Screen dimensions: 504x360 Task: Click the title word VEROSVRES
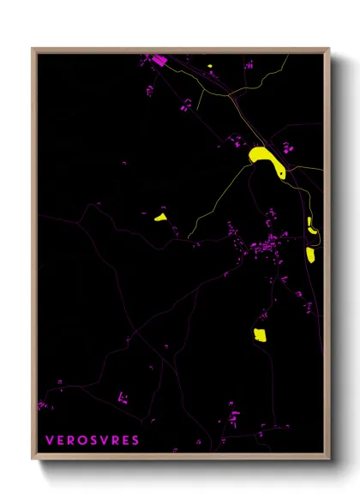click(x=92, y=441)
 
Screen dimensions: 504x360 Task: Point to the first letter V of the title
click(x=49, y=441)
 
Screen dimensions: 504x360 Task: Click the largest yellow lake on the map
click(x=266, y=159)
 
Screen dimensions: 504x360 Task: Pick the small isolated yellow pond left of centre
click(x=160, y=217)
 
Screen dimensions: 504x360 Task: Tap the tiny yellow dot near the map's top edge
click(x=209, y=66)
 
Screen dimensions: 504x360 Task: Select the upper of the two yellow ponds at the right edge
click(x=310, y=225)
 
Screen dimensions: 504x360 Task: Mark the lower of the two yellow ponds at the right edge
click(x=309, y=255)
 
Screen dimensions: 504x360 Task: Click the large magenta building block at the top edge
click(x=158, y=59)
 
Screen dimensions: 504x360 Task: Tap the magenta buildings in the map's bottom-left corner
click(x=42, y=404)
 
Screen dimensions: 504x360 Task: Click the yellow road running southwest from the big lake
click(x=214, y=194)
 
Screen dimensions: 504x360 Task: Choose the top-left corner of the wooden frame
click(x=33, y=49)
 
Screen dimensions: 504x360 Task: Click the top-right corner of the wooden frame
click(x=329, y=49)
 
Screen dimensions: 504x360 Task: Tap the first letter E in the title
click(x=60, y=441)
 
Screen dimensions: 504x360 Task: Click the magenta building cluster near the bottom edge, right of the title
click(x=232, y=419)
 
